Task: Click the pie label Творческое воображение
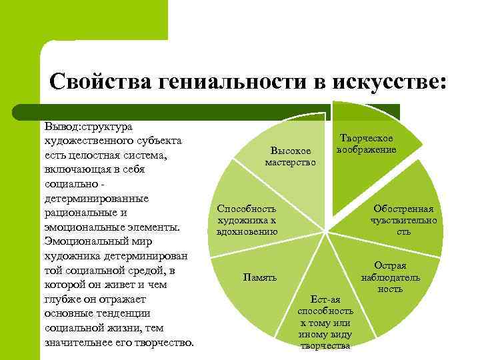tap(367, 144)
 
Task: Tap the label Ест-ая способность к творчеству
tap(325, 323)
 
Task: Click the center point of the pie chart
tap(325, 233)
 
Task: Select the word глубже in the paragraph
tap(61, 299)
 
